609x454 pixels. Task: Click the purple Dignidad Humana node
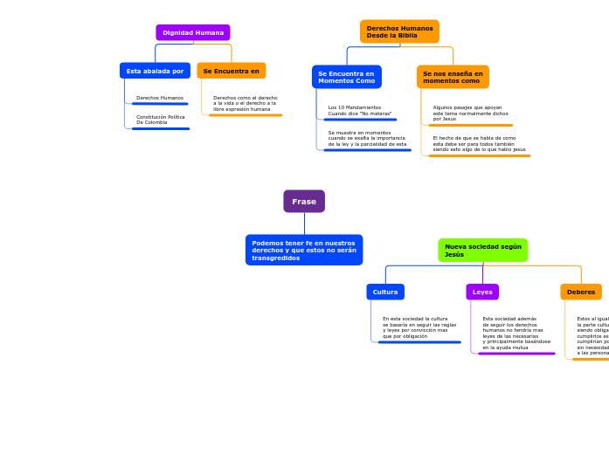[x=193, y=32]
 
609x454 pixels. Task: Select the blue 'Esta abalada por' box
[x=155, y=71]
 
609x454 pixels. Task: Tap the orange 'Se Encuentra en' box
[x=231, y=71]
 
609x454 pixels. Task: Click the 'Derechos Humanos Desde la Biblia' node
[x=399, y=31]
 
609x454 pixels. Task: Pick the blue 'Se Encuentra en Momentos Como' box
[x=346, y=77]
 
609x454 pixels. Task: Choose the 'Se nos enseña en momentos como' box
[x=453, y=77]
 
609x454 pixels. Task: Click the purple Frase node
[x=304, y=202]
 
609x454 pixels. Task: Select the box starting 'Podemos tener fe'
[x=304, y=251]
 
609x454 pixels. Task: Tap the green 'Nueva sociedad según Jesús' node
[x=482, y=251]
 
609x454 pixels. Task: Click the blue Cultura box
[x=385, y=292]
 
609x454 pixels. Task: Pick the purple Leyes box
[x=482, y=292]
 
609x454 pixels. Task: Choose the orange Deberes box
[x=581, y=292]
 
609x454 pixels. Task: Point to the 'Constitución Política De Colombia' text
[x=160, y=119]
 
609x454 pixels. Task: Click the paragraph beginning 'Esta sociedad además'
[x=516, y=333]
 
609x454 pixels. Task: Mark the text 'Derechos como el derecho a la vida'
[x=245, y=103]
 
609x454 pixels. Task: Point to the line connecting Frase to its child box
[x=304, y=224]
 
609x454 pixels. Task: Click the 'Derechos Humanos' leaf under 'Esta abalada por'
[x=160, y=98]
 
